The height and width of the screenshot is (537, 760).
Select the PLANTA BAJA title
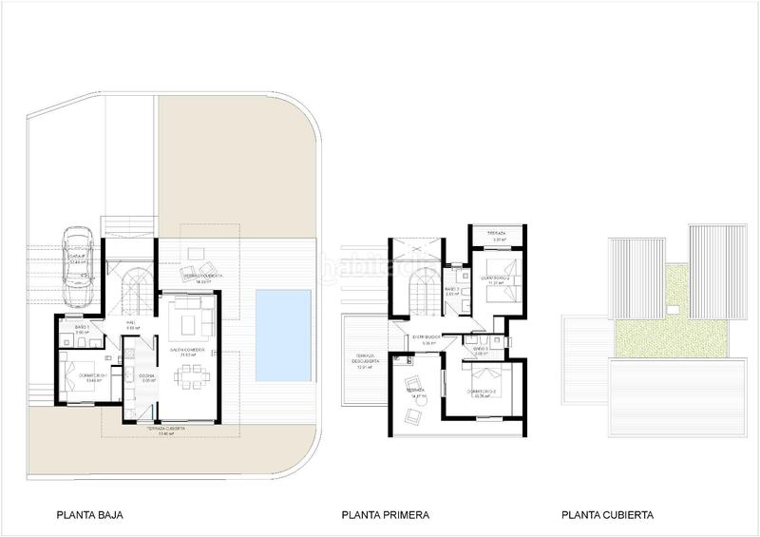pyautogui.click(x=90, y=516)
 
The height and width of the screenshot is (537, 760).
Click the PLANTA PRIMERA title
pyautogui.click(x=386, y=516)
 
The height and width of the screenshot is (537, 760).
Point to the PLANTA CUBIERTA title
pyautogui.click(x=607, y=516)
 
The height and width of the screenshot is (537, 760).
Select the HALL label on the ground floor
pyautogui.click(x=132, y=323)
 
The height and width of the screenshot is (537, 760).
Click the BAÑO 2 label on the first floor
pyautogui.click(x=451, y=291)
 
